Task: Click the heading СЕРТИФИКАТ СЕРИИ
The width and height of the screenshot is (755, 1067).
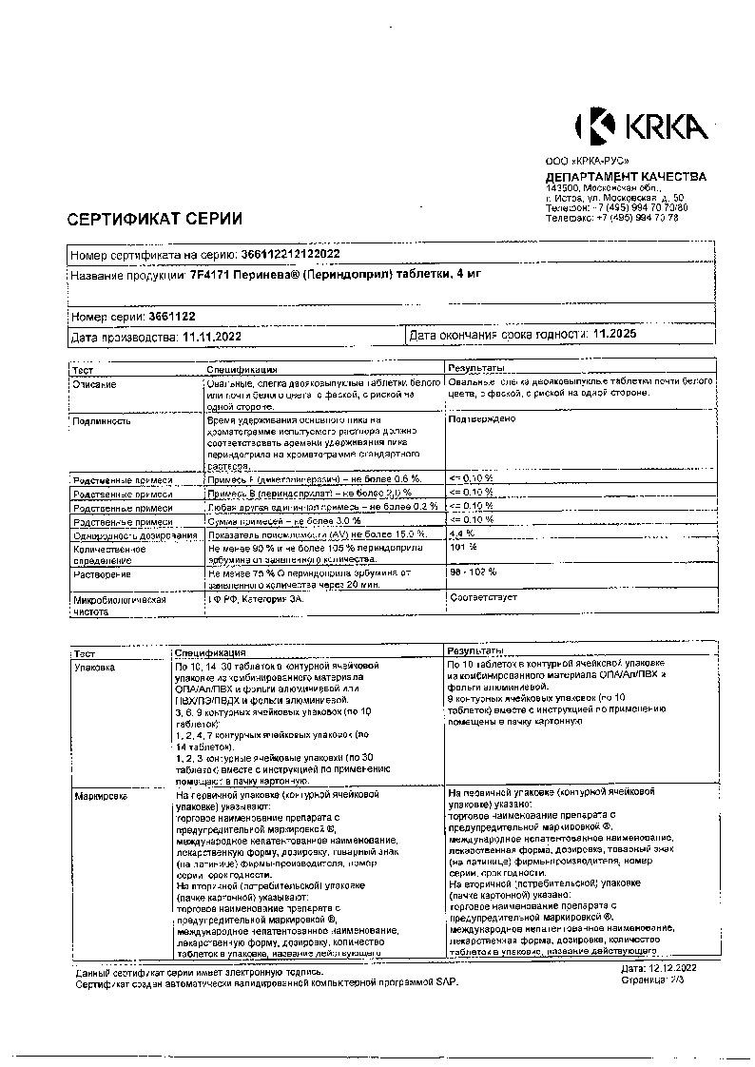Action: (x=154, y=219)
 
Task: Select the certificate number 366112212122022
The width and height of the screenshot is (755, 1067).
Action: (x=283, y=255)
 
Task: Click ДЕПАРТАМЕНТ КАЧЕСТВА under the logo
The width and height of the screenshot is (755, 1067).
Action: (x=625, y=177)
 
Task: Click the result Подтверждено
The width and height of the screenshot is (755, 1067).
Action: (x=481, y=418)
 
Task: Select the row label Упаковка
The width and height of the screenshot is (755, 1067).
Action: (x=94, y=668)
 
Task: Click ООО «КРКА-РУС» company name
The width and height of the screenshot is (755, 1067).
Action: (x=586, y=163)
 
